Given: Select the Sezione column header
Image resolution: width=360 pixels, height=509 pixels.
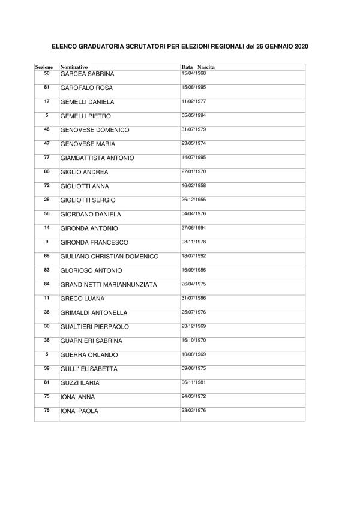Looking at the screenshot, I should [44, 67].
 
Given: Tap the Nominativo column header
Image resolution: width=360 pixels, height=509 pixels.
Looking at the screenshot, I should [74, 67].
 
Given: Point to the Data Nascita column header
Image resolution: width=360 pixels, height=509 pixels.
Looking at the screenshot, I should [198, 67].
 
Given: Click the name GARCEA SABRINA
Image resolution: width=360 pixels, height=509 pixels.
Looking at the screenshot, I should [87, 74].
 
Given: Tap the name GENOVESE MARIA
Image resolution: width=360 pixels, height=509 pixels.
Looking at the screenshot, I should [88, 144].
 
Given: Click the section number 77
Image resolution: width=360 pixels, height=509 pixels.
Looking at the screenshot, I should [47, 156].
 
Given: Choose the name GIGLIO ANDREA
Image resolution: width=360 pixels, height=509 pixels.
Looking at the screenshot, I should [85, 172].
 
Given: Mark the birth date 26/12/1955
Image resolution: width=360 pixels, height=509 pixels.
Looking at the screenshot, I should [193, 199].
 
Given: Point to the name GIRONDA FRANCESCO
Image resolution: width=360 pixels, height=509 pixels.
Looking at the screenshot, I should [93, 242].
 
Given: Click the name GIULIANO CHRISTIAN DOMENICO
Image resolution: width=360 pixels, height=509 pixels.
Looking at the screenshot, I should [109, 257].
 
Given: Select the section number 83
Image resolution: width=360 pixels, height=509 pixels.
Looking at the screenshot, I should [47, 269].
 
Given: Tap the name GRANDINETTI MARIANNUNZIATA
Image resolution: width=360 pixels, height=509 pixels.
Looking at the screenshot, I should [109, 285].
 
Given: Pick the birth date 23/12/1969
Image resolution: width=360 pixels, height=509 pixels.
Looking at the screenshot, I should [193, 326].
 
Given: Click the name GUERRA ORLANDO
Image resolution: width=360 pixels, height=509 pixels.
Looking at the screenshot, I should [89, 355].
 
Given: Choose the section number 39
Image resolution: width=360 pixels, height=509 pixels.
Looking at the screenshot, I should [47, 368].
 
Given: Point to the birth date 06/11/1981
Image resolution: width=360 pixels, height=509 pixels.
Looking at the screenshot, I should [193, 382].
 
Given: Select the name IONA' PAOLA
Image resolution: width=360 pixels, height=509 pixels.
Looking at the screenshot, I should [79, 411].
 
